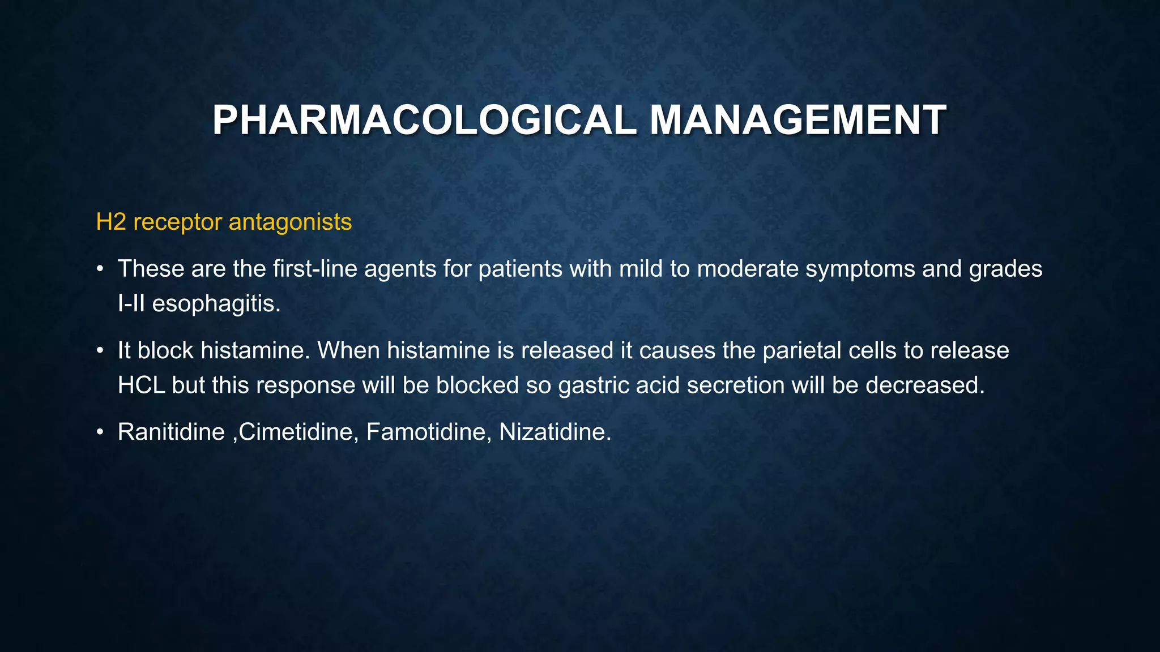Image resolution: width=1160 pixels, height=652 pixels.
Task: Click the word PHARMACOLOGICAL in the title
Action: tap(424, 121)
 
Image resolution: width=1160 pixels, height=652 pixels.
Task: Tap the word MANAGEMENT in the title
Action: tap(797, 121)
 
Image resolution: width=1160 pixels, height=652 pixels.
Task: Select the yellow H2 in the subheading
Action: tap(111, 222)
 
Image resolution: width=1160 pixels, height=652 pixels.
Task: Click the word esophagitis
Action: tap(216, 304)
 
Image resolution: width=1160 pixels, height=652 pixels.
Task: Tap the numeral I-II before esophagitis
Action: tap(131, 304)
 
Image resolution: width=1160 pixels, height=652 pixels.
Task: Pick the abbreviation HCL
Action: tap(141, 385)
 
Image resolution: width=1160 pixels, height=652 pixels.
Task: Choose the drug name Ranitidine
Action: tap(171, 432)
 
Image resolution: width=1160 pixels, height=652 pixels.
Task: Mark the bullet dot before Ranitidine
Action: tap(100, 432)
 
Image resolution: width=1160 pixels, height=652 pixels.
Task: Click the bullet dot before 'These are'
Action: tap(100, 269)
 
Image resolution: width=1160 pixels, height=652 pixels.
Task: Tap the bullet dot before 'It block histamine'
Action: tap(100, 351)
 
